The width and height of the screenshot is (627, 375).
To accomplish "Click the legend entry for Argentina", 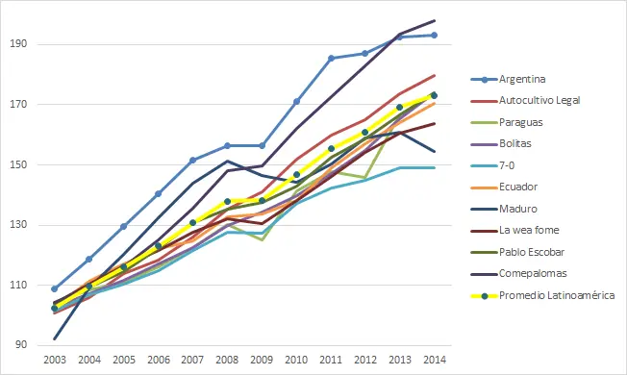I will pos(527,78).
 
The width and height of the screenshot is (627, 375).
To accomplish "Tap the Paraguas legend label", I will pos(523,121).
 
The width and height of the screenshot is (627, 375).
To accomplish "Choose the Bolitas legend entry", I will pos(519,143).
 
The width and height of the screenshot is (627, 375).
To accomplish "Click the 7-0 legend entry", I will pos(511,164).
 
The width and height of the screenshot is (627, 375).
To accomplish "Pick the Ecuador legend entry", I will pos(521,187).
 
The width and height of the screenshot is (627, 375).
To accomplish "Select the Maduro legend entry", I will pos(520,208).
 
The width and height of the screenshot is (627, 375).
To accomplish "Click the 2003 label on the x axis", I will pos(55,358).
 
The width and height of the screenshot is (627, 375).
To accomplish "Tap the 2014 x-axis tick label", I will pos(434,358).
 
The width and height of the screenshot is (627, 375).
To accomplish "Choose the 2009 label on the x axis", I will pos(262,358).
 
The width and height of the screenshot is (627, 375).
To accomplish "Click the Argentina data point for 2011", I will pos(331,59).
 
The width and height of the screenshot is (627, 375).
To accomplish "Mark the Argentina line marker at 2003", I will pos(55,288).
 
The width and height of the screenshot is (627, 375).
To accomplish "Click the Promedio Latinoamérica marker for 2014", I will pos(434,95).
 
